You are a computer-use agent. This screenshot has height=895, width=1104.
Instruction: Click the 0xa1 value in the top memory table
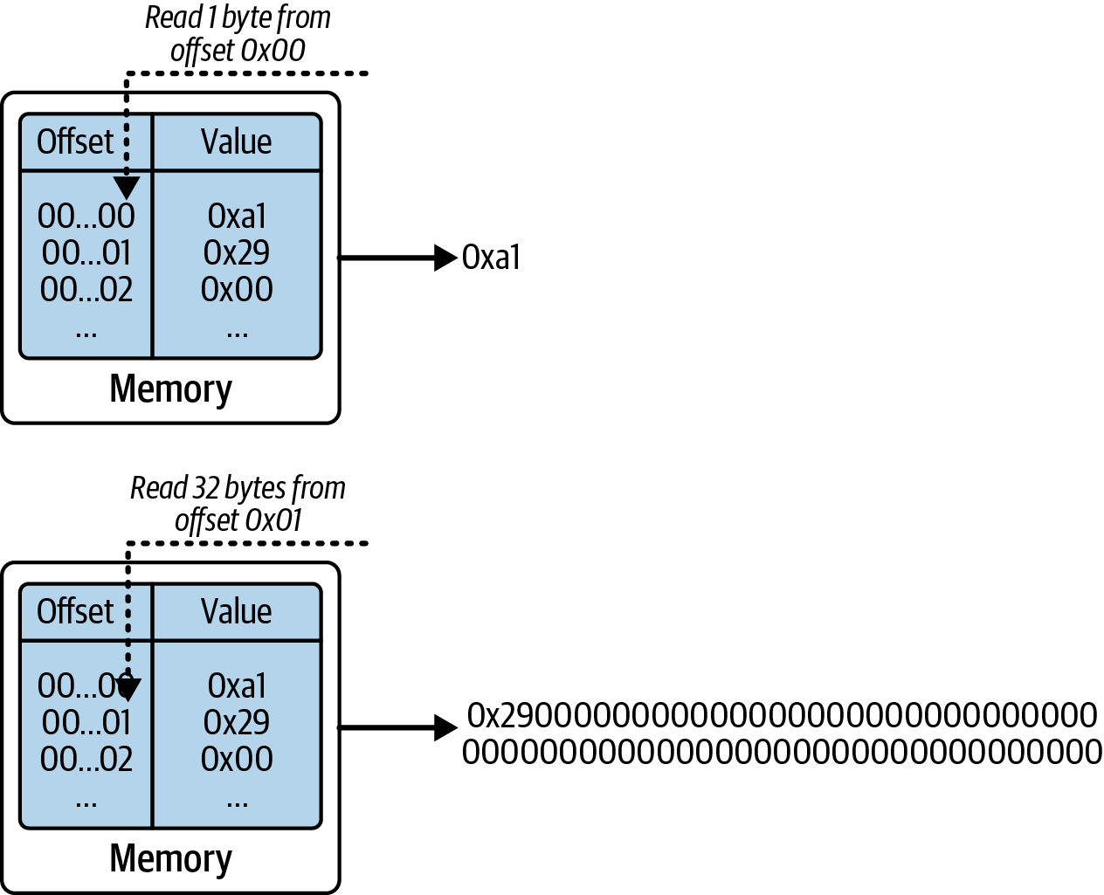tap(237, 216)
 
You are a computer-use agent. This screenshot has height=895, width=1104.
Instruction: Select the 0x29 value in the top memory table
tap(237, 252)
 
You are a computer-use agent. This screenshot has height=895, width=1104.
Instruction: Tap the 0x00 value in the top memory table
tap(237, 289)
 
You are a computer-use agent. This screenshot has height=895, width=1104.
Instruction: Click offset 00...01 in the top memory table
tap(86, 252)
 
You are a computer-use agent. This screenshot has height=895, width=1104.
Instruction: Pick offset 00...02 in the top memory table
tap(86, 289)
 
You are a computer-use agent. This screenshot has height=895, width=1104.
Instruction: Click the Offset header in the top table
tap(75, 141)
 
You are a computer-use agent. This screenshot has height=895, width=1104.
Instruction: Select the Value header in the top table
tap(236, 141)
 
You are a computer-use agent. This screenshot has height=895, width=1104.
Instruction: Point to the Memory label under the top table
tap(170, 389)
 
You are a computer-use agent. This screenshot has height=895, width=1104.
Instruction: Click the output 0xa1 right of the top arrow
tap(491, 258)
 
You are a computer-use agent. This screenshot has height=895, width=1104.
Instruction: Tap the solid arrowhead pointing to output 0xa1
tap(445, 258)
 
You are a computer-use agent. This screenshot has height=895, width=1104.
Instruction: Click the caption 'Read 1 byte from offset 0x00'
tap(238, 34)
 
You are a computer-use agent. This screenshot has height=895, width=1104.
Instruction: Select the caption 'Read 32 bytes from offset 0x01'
tap(238, 504)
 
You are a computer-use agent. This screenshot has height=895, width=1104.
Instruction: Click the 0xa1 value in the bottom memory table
tap(237, 685)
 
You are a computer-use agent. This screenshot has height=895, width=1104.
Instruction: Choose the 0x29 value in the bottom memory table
tap(237, 722)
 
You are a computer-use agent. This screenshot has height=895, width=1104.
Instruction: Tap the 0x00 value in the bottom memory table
tap(237, 759)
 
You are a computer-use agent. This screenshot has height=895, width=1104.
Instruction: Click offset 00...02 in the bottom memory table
tap(86, 759)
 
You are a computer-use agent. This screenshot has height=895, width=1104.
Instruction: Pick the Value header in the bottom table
tap(236, 611)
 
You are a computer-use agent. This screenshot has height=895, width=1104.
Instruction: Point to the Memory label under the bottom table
tap(170, 859)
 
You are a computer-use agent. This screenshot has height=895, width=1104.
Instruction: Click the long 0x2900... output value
tap(781, 733)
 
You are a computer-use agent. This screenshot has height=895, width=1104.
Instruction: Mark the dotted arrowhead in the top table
tap(128, 187)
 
